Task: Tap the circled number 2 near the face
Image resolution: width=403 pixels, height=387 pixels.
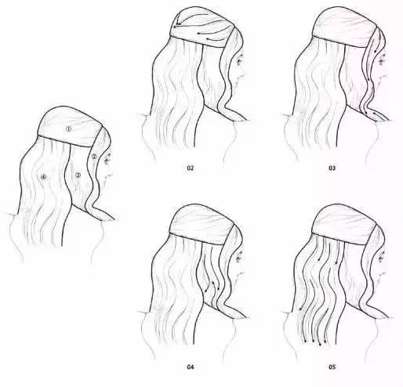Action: (x=94, y=157)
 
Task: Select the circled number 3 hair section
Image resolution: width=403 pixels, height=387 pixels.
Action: (x=78, y=175)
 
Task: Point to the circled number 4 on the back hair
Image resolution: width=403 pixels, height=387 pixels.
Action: (x=44, y=178)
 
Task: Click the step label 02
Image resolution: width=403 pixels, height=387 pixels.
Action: (x=190, y=168)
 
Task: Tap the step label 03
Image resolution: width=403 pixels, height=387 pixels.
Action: (x=342, y=168)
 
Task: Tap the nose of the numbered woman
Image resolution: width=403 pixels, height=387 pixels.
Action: (x=111, y=167)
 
